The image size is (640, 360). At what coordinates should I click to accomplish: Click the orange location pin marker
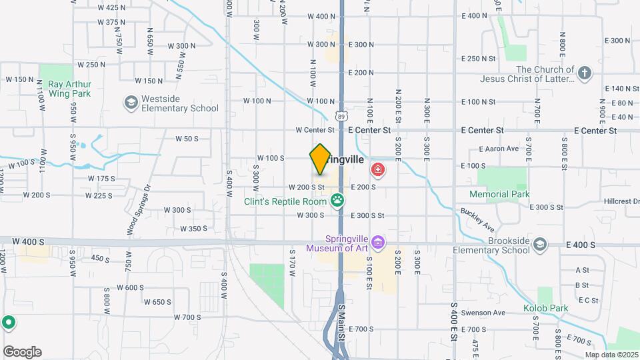(320, 159)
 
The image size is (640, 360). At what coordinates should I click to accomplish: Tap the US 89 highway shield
(341, 116)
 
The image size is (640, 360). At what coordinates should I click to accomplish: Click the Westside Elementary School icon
(131, 102)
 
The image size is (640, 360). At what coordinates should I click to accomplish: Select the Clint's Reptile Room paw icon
(338, 200)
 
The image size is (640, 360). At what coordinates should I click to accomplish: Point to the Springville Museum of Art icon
(379, 241)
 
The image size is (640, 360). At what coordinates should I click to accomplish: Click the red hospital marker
(379, 171)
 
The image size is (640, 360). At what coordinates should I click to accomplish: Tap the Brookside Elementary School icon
(537, 245)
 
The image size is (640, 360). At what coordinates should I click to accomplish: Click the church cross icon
(585, 73)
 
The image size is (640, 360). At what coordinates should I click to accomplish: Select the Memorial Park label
(499, 195)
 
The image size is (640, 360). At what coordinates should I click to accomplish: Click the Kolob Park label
(545, 309)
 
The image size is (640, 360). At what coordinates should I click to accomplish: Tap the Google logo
(22, 352)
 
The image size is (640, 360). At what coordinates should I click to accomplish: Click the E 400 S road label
(581, 245)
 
